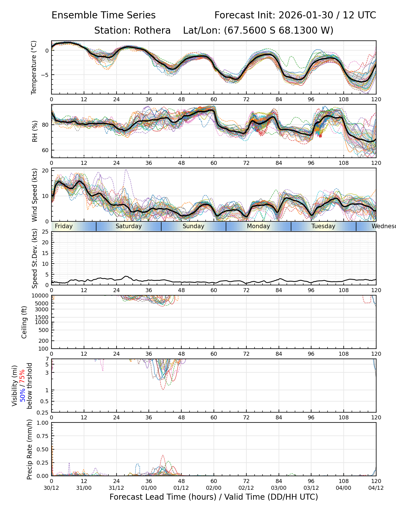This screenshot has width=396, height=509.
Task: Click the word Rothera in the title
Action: point(152,31)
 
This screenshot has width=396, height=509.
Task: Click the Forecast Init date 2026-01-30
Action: point(306,15)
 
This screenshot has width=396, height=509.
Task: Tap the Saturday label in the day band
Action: point(129,226)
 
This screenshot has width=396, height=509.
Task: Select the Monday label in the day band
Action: point(259,226)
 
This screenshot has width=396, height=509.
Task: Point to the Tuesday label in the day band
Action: point(323,226)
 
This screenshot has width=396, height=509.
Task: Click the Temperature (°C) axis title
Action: point(34,67)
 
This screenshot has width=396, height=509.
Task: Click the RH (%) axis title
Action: point(35,131)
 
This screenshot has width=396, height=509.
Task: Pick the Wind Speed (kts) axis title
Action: point(35,195)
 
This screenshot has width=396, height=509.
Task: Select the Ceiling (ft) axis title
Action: point(24,322)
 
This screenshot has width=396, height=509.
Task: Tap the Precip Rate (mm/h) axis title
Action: point(29,449)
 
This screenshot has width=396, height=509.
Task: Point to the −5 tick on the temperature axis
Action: point(45,75)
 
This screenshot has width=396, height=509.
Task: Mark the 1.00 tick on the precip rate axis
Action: point(43,423)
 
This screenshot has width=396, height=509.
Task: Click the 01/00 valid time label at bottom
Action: point(149,488)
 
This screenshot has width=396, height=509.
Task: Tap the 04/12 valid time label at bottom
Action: point(376,488)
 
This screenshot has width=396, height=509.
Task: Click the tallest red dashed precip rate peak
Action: point(163,455)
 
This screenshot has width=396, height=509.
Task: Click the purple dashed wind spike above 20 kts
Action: point(126,170)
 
